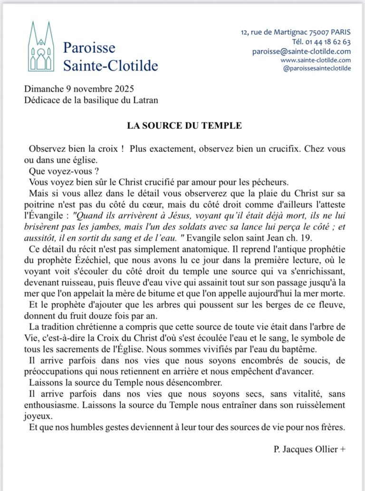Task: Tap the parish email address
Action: click(x=301, y=51)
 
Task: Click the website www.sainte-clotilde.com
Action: click(x=316, y=60)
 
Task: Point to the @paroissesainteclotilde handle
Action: click(x=317, y=68)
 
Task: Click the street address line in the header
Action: click(x=296, y=32)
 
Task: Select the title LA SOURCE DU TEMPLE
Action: click(x=184, y=126)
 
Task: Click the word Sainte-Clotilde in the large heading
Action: click(x=111, y=66)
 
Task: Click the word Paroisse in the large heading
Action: click(x=89, y=48)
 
